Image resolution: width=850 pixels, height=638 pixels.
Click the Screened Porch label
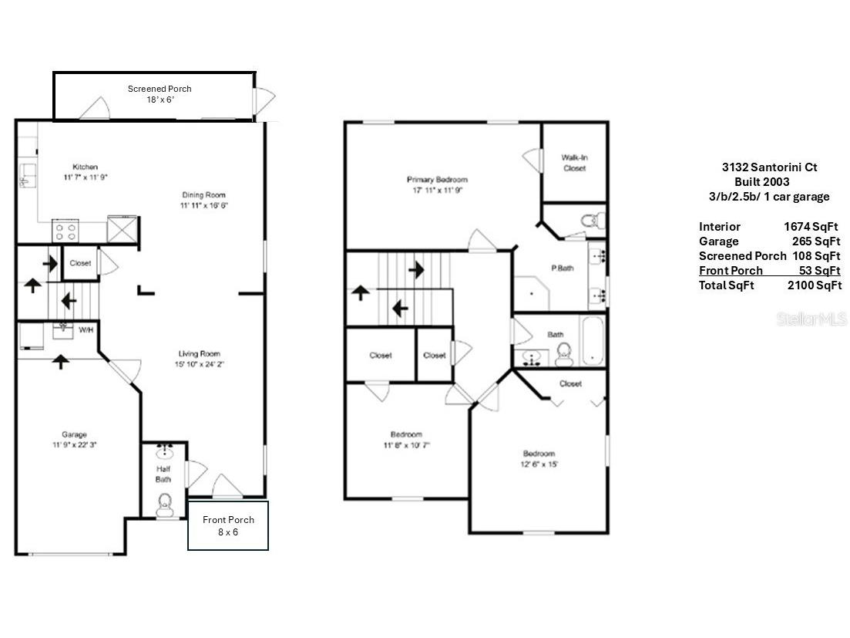(160, 89)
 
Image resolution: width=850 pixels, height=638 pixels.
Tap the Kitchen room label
(85, 167)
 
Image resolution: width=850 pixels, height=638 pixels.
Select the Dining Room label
(203, 195)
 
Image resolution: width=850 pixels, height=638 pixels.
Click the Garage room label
(74, 434)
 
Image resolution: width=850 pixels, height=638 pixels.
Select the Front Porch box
(228, 525)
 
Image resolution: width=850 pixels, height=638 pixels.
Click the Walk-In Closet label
(574, 163)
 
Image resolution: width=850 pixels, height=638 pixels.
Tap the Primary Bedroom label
(437, 180)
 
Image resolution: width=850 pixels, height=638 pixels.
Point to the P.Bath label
(562, 268)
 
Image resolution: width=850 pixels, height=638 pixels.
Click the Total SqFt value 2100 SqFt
(814, 285)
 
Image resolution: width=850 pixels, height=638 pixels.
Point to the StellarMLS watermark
(811, 319)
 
